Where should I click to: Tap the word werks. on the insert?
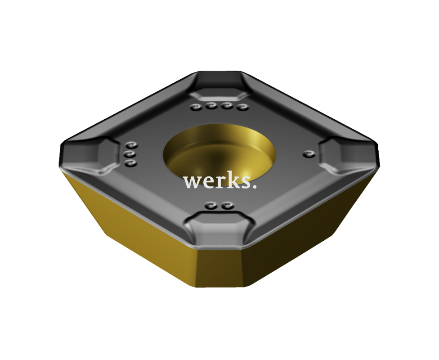click(x=220, y=182)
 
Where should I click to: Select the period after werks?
click(x=254, y=187)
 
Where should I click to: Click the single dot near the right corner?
click(x=309, y=154)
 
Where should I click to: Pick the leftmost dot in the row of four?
click(x=196, y=107)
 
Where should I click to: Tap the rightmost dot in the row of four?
click(x=242, y=107)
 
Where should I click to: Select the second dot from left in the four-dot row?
click(x=211, y=106)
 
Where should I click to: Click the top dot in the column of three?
click(x=131, y=145)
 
